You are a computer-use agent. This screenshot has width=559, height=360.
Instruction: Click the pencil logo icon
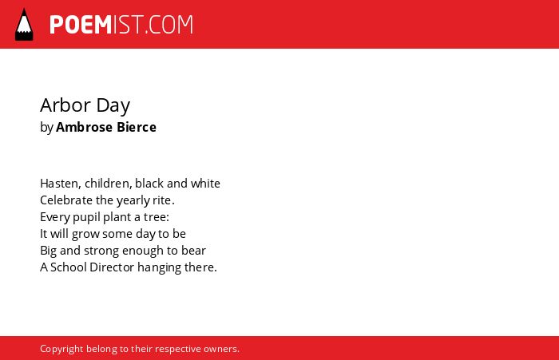coord(24,24)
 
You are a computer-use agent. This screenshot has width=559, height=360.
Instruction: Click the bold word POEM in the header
coord(81,25)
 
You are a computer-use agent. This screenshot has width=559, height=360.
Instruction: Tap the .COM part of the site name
coord(169,25)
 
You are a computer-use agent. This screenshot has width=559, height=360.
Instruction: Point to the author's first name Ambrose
coord(84,127)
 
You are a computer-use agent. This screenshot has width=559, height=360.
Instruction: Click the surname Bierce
coord(137,127)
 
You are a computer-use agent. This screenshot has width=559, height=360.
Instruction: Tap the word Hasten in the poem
coord(61,184)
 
